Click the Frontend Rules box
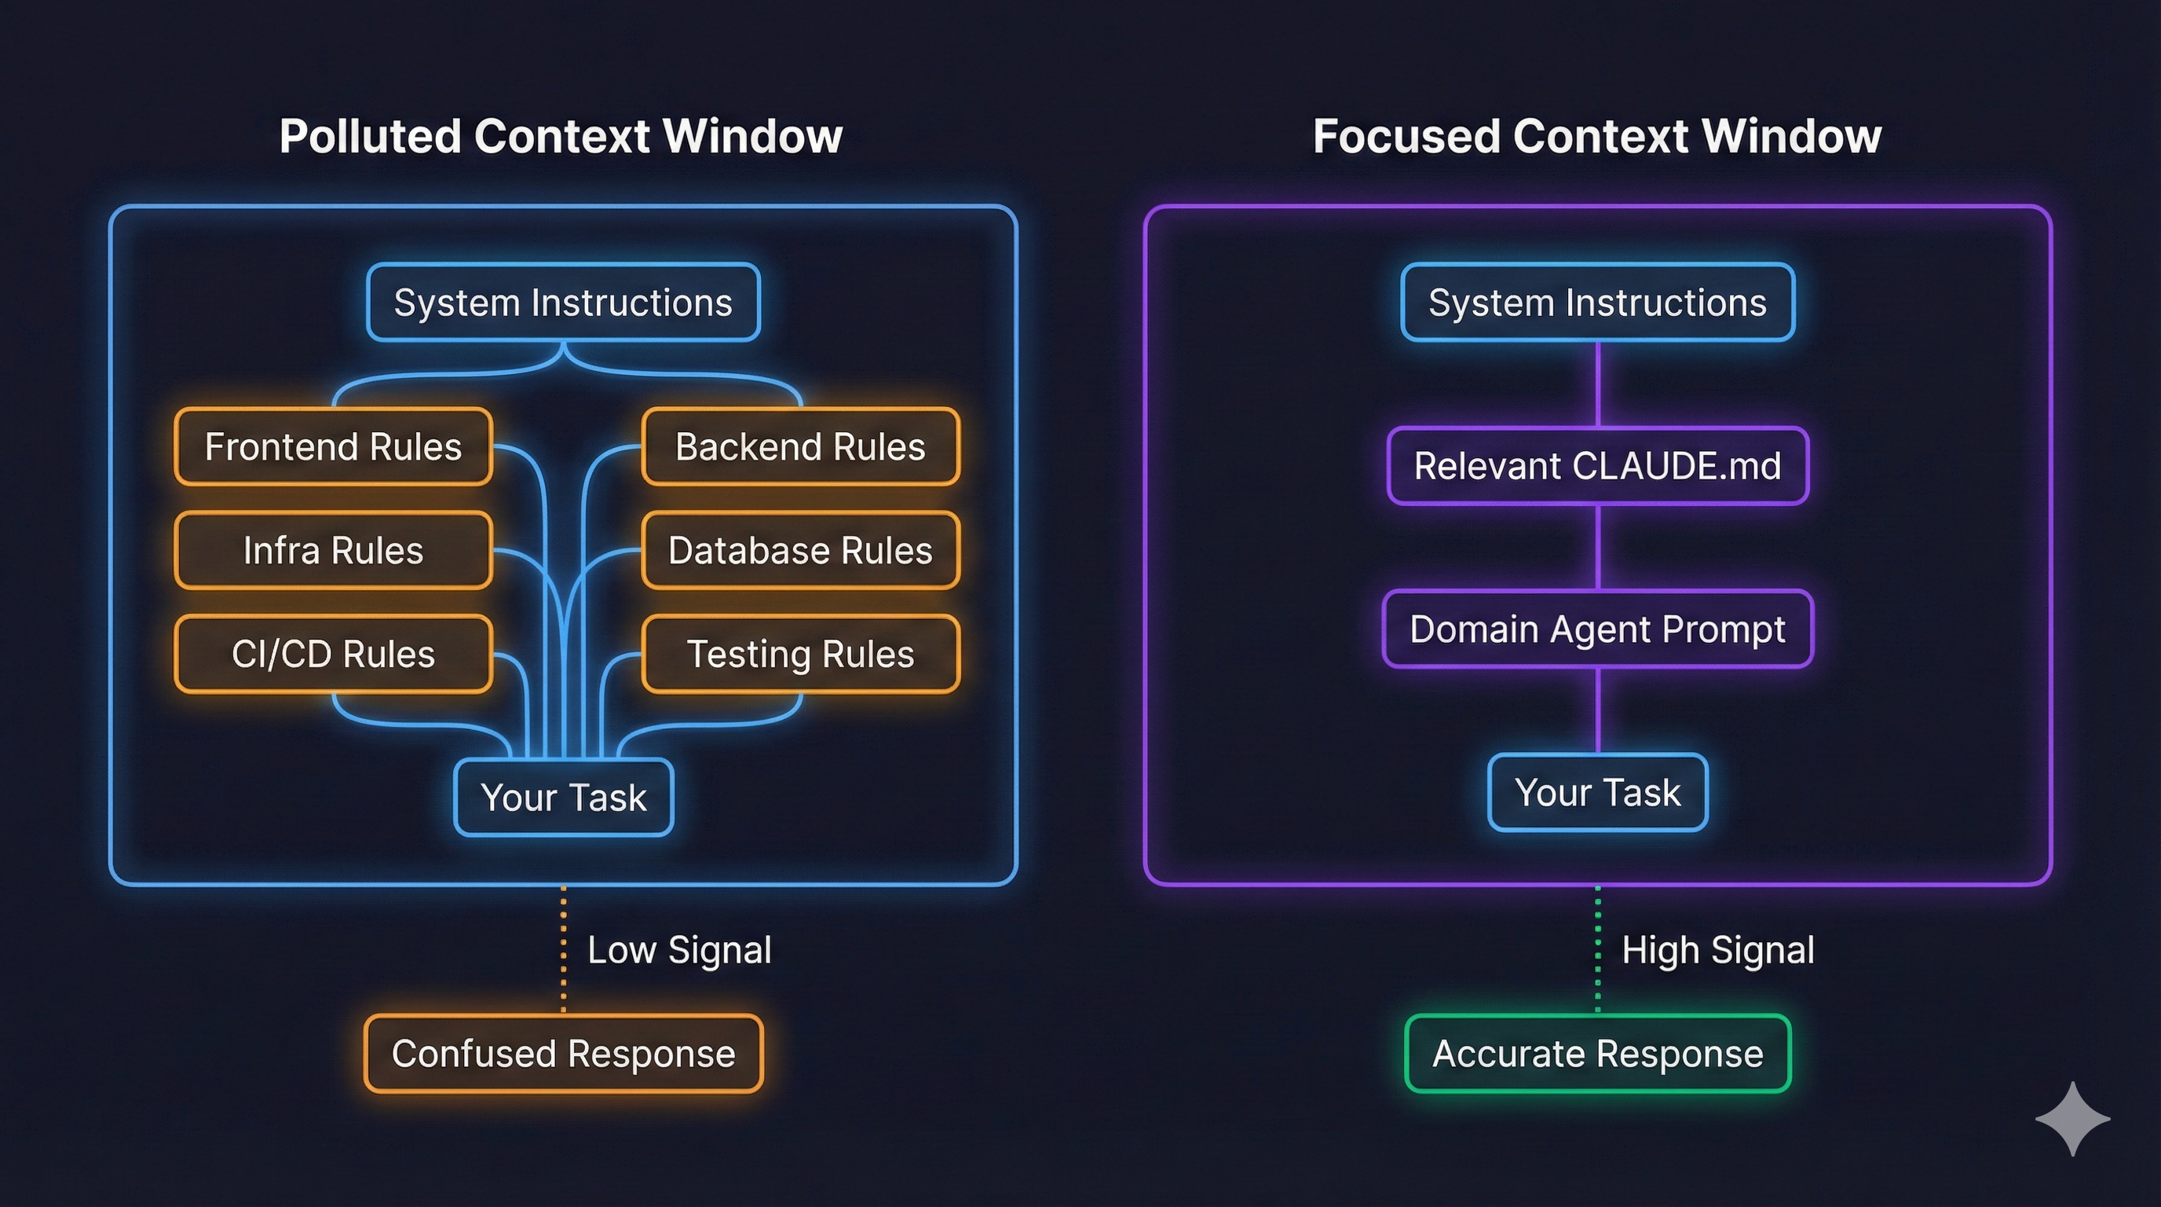333,446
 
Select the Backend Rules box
800,446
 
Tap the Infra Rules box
333,551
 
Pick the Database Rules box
800,551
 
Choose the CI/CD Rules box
333,654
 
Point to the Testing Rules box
800,654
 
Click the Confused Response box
563,1054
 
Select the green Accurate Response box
1597,1054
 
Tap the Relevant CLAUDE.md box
1597,466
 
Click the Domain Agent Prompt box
1597,629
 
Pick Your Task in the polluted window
563,797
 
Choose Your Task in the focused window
1597,792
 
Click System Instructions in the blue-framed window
563,303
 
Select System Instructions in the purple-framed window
1597,303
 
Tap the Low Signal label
678,950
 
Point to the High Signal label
1717,950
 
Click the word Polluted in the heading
370,136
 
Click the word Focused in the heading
1406,136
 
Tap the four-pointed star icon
2072,1118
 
